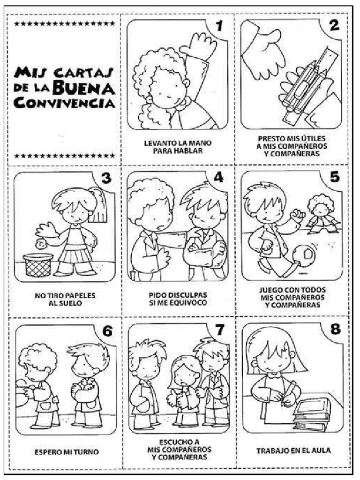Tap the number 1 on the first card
(x=219, y=26)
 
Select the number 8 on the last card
(x=336, y=330)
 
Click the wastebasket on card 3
(x=38, y=265)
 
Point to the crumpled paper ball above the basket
(x=40, y=244)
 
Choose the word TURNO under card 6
(x=86, y=452)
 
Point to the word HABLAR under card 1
(x=178, y=150)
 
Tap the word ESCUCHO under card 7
(x=179, y=442)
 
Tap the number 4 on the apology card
(x=218, y=178)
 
